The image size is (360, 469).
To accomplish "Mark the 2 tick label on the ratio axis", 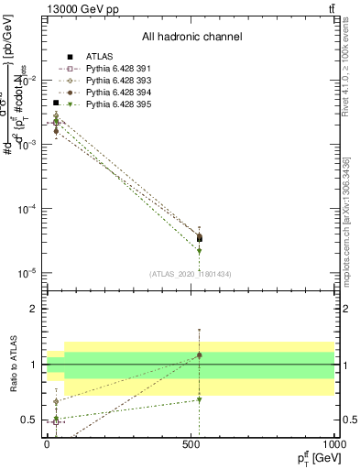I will click(34, 309).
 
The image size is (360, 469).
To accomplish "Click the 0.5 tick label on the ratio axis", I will click(30, 420).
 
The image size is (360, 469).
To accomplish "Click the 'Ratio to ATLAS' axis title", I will click(11, 364).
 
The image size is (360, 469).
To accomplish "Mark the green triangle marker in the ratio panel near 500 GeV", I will click(199, 399).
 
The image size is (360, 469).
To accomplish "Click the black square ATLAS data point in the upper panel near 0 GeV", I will click(56, 104).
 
